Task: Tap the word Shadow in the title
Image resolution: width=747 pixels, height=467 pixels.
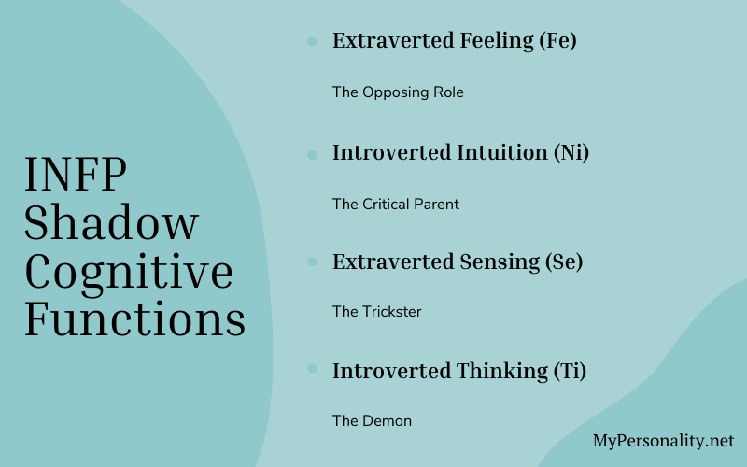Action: point(111,223)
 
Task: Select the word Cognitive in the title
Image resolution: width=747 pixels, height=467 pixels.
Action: point(129,272)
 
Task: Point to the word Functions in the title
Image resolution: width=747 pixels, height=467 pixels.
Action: point(135,319)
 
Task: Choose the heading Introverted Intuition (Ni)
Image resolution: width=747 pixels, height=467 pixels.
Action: point(460,152)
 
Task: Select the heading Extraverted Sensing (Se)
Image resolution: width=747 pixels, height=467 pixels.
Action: point(458,262)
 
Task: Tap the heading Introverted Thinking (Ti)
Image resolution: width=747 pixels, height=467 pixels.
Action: point(459,371)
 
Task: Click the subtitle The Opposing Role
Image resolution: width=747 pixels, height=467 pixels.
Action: point(398,92)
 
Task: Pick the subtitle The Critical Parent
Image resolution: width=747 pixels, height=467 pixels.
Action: point(396,204)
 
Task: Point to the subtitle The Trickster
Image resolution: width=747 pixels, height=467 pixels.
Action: point(377,312)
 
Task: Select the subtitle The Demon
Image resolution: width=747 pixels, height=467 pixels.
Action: point(372,421)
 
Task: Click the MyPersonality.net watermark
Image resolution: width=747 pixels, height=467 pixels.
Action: point(664,441)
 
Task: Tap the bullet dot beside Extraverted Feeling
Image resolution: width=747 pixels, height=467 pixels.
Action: point(312,42)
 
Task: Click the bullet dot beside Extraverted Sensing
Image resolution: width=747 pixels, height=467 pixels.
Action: point(312,262)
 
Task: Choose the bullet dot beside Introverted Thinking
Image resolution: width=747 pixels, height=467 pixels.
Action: point(312,372)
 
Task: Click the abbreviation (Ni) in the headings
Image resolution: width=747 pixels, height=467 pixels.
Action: point(571,152)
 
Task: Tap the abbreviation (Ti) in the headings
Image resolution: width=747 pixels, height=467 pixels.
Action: point(569,371)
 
